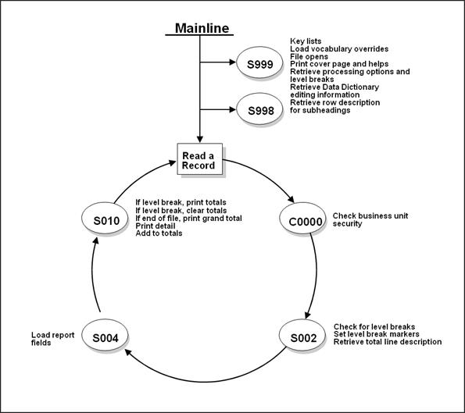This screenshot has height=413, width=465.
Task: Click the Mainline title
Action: coord(202,28)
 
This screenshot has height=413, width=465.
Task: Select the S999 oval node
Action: coord(260,65)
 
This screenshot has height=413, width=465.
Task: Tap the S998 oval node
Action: coord(260,109)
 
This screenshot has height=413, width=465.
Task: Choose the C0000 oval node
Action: coord(302,221)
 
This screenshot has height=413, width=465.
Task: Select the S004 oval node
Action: coord(105,337)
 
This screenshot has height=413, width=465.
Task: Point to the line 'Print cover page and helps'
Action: coord(337,64)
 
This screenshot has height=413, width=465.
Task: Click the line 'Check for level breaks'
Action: coord(374,326)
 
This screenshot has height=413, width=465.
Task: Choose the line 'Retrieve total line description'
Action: coord(388,342)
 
